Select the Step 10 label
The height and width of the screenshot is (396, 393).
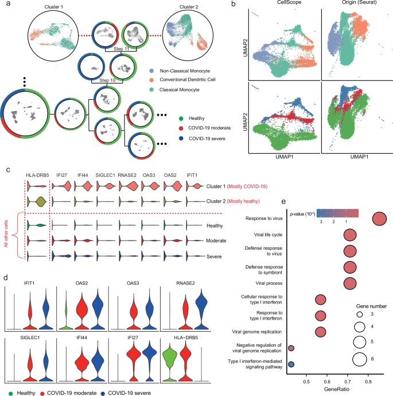99,81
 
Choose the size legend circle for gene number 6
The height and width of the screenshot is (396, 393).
360,359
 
